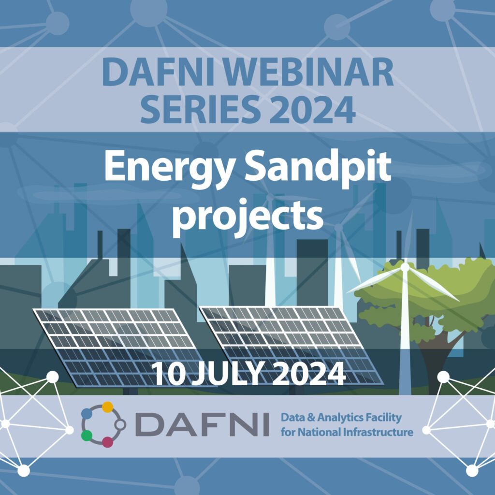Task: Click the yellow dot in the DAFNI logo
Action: (x=107, y=407)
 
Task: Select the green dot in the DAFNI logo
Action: (x=87, y=436)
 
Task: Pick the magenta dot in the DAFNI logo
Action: (x=107, y=442)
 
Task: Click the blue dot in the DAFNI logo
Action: (x=87, y=413)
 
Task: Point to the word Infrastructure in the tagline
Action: (x=378, y=432)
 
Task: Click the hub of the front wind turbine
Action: (x=405, y=267)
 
